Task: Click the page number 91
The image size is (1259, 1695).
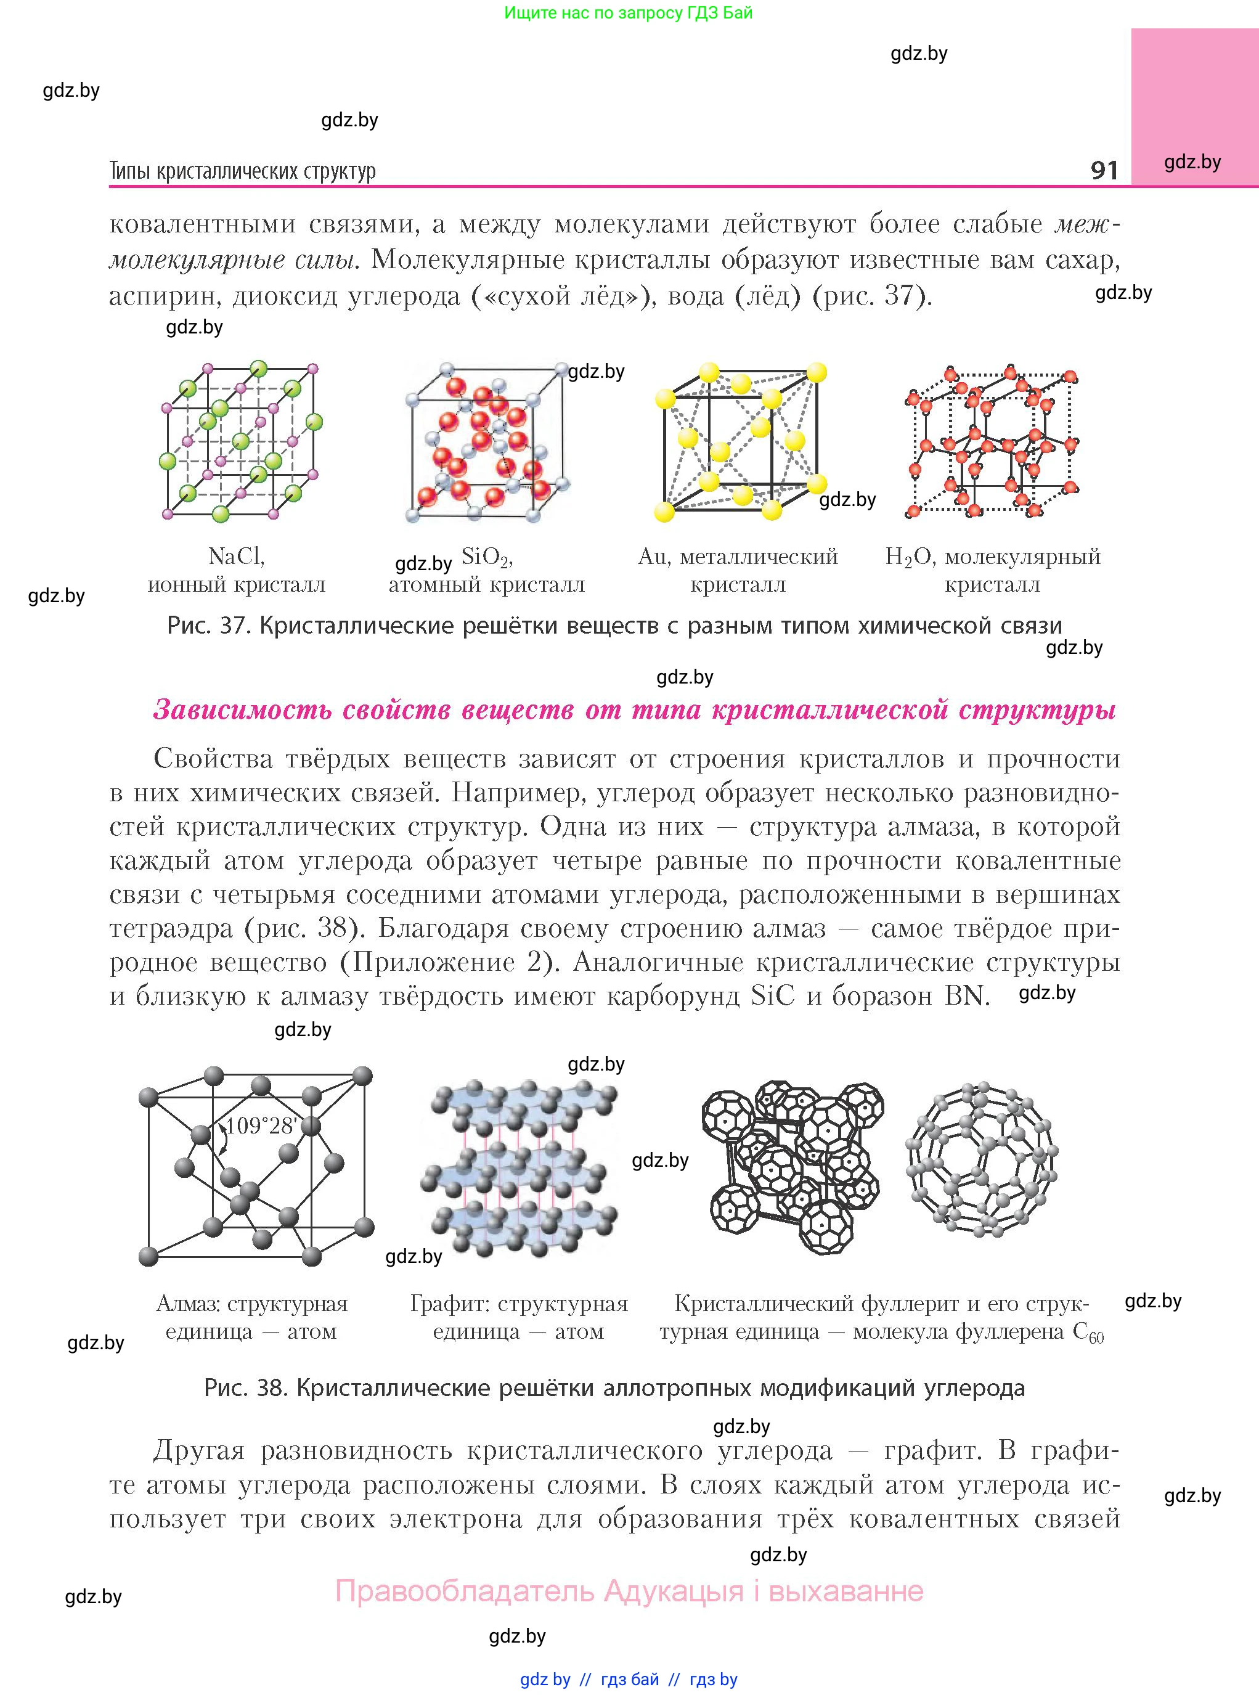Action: click(1104, 169)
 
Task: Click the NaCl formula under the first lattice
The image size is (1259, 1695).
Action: click(236, 557)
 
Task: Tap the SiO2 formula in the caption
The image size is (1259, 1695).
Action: click(487, 557)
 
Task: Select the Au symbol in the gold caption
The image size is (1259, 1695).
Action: click(651, 557)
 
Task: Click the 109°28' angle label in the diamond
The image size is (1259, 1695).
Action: click(261, 1125)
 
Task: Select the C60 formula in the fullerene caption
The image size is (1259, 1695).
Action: click(1088, 1333)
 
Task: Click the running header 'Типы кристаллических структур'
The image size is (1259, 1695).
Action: click(242, 171)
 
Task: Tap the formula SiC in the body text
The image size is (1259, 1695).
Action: click(772, 995)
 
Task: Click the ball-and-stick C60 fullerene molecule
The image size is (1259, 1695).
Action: click(982, 1159)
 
